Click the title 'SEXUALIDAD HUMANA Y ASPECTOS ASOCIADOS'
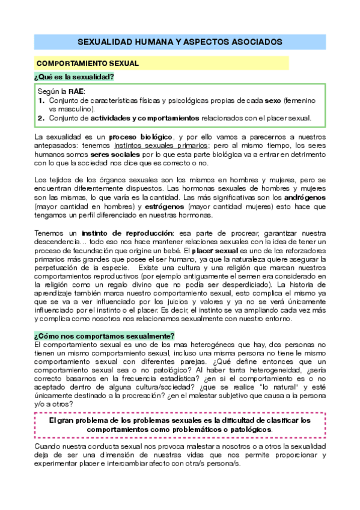click(180, 42)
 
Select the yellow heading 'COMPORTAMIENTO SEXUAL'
click(88, 63)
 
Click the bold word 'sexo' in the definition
click(273, 100)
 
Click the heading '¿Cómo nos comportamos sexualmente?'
click(105, 336)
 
